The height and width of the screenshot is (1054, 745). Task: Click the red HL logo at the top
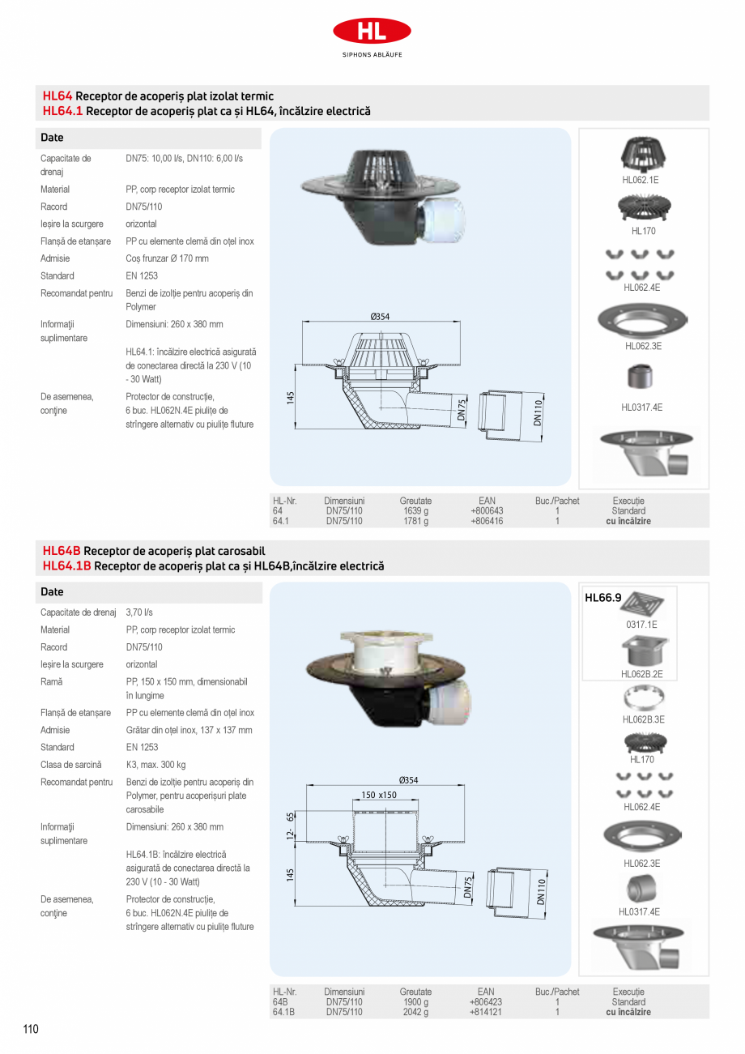pos(372,32)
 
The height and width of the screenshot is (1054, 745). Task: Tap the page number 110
pos(31,1030)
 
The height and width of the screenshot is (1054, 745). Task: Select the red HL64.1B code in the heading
pos(67,565)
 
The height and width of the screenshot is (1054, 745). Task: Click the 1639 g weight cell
pos(415,511)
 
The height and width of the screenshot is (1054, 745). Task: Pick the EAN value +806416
pos(487,521)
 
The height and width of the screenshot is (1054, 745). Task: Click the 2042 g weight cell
pos(415,1012)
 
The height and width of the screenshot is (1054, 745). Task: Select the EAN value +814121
pos(486,1012)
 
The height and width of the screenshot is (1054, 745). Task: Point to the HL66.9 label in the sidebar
pos(602,599)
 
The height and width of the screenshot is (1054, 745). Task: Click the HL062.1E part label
pos(641,180)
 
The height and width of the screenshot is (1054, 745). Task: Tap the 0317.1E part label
pos(641,625)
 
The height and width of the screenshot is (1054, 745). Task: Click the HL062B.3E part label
pos(644,719)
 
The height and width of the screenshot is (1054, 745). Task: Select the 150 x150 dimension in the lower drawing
pos(379,795)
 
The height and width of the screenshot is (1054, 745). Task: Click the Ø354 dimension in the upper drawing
pos(381,317)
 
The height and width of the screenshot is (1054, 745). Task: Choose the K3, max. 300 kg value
pos(155,765)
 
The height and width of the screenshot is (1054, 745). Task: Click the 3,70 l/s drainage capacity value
pos(139,612)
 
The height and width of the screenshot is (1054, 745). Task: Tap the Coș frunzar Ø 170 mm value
pos(167,258)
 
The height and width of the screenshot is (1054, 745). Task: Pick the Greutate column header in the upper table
pos(415,501)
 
